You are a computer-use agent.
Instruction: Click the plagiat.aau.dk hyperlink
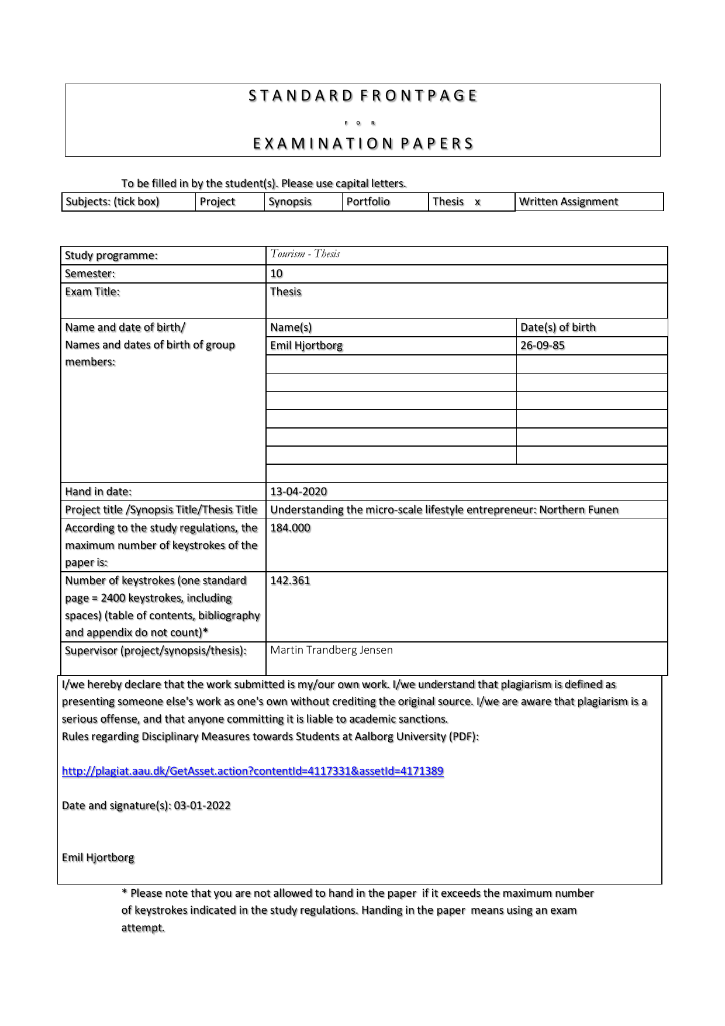pos(253,771)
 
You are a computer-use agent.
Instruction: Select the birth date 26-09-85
pos(543,346)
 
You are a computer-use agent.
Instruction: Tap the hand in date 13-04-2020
pos(298,492)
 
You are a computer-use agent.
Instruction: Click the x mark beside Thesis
pos(478,202)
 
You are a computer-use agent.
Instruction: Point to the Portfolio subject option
pos(368,202)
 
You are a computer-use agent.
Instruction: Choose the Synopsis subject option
pos(290,202)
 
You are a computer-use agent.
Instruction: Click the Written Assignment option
pos(568,202)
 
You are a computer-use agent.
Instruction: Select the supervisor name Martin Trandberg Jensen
pos(332,650)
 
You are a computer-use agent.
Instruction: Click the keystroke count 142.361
pos(290,581)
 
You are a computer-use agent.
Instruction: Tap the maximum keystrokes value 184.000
pos(290,528)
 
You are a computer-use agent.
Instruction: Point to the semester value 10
pos(277,274)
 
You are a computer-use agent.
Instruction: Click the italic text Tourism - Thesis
pos(305,254)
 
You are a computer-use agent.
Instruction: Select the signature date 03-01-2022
pos(202,806)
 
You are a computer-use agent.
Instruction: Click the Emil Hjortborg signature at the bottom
pos(98,858)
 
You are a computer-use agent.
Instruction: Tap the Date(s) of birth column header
pos(558,327)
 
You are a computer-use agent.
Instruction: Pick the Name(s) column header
pos(291,327)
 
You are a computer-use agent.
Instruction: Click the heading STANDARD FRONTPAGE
pos(362,96)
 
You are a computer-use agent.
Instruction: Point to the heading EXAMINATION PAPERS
pos(362,144)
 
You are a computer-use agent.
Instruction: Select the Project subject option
pos(217,202)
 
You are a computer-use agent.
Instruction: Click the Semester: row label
pos(90,274)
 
